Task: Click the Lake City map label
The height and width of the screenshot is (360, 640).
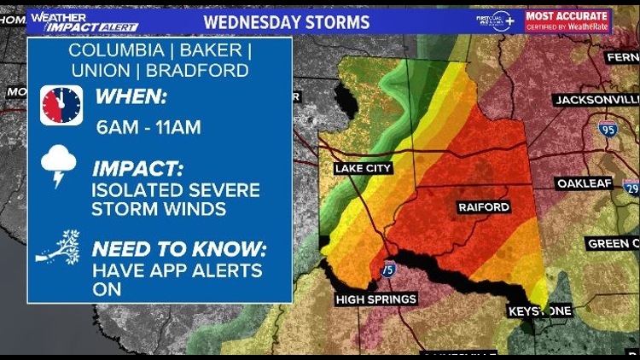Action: tap(364, 168)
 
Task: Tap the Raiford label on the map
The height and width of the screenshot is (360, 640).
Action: tap(484, 207)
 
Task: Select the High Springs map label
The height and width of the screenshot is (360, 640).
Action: tap(375, 299)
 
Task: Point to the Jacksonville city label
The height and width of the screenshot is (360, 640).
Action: tap(596, 100)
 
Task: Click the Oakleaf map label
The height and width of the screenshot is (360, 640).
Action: tap(585, 183)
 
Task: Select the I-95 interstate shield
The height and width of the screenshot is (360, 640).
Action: tap(608, 130)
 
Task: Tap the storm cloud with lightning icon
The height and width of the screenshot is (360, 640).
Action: tap(60, 165)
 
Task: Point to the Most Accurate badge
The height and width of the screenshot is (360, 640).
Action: tap(567, 20)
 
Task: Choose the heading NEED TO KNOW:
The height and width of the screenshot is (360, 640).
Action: tap(179, 250)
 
